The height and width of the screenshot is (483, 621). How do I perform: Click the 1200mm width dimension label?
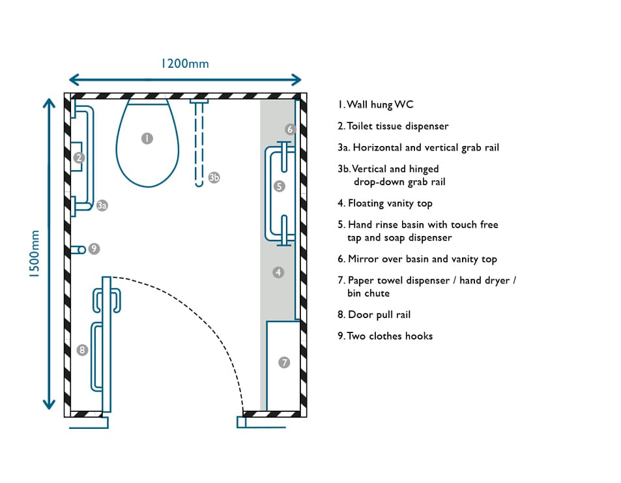tap(185, 63)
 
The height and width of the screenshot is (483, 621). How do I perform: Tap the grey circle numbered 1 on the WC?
tap(147, 138)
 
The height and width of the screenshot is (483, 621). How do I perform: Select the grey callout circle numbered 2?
tap(79, 157)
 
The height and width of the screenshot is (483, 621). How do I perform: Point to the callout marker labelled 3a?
tap(102, 205)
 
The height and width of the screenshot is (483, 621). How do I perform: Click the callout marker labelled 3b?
tap(214, 177)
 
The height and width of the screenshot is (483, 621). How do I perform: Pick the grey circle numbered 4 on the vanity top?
tap(279, 272)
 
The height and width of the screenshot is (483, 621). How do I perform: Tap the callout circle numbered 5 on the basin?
tap(280, 186)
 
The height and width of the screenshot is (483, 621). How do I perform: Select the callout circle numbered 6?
tap(290, 129)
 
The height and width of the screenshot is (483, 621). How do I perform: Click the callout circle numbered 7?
tap(284, 362)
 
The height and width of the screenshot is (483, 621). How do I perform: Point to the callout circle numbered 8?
tap(82, 350)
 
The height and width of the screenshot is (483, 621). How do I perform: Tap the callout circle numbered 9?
tap(94, 248)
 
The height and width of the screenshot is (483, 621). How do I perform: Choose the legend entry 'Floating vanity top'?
tap(385, 203)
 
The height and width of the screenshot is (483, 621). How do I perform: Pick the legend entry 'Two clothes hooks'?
tap(385, 336)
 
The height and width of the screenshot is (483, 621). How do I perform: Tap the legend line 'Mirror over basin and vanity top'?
tap(417, 259)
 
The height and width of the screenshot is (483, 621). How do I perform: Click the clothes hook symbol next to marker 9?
tap(78, 249)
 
